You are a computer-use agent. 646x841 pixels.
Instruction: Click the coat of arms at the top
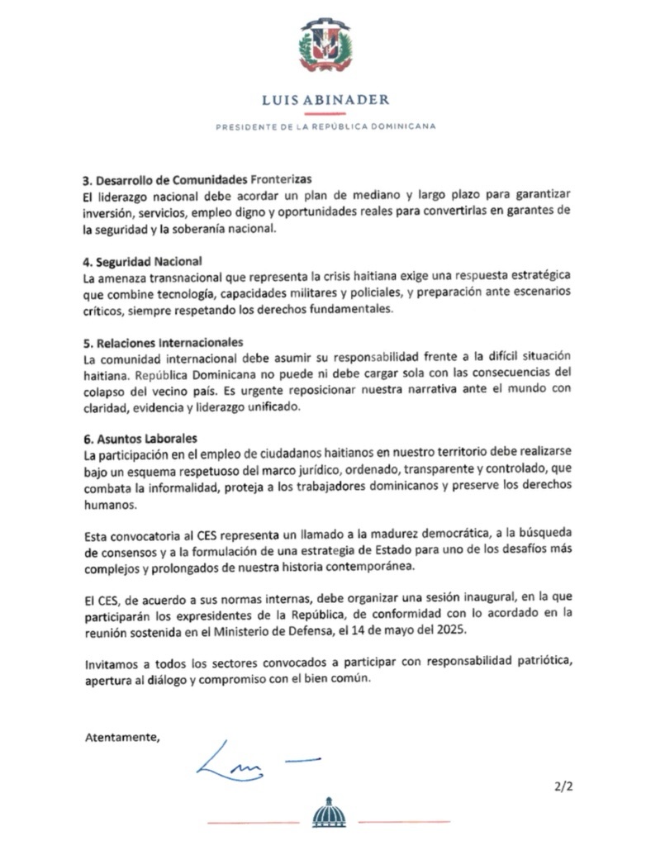click(325, 47)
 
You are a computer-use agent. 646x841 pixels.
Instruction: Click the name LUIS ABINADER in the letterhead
click(325, 100)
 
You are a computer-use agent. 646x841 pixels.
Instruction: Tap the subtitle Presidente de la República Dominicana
click(325, 126)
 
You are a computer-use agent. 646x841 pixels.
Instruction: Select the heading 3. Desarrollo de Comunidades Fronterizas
click(197, 180)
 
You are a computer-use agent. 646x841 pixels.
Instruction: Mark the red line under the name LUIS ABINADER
click(325, 113)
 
